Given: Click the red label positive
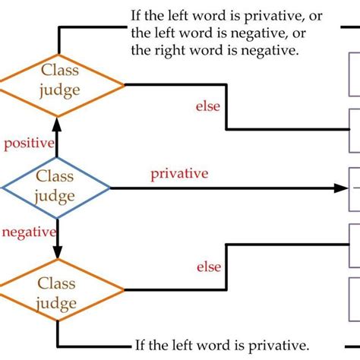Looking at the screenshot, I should click(29, 143).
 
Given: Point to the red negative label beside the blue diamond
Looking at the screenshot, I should click(29, 232).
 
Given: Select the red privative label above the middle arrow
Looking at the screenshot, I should click(179, 174).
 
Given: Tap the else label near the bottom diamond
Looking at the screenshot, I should click(208, 267).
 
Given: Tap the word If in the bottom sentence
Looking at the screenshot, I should click(141, 343).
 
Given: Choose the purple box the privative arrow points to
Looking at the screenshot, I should click(354, 188).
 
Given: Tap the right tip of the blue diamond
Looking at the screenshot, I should click(110, 187).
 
